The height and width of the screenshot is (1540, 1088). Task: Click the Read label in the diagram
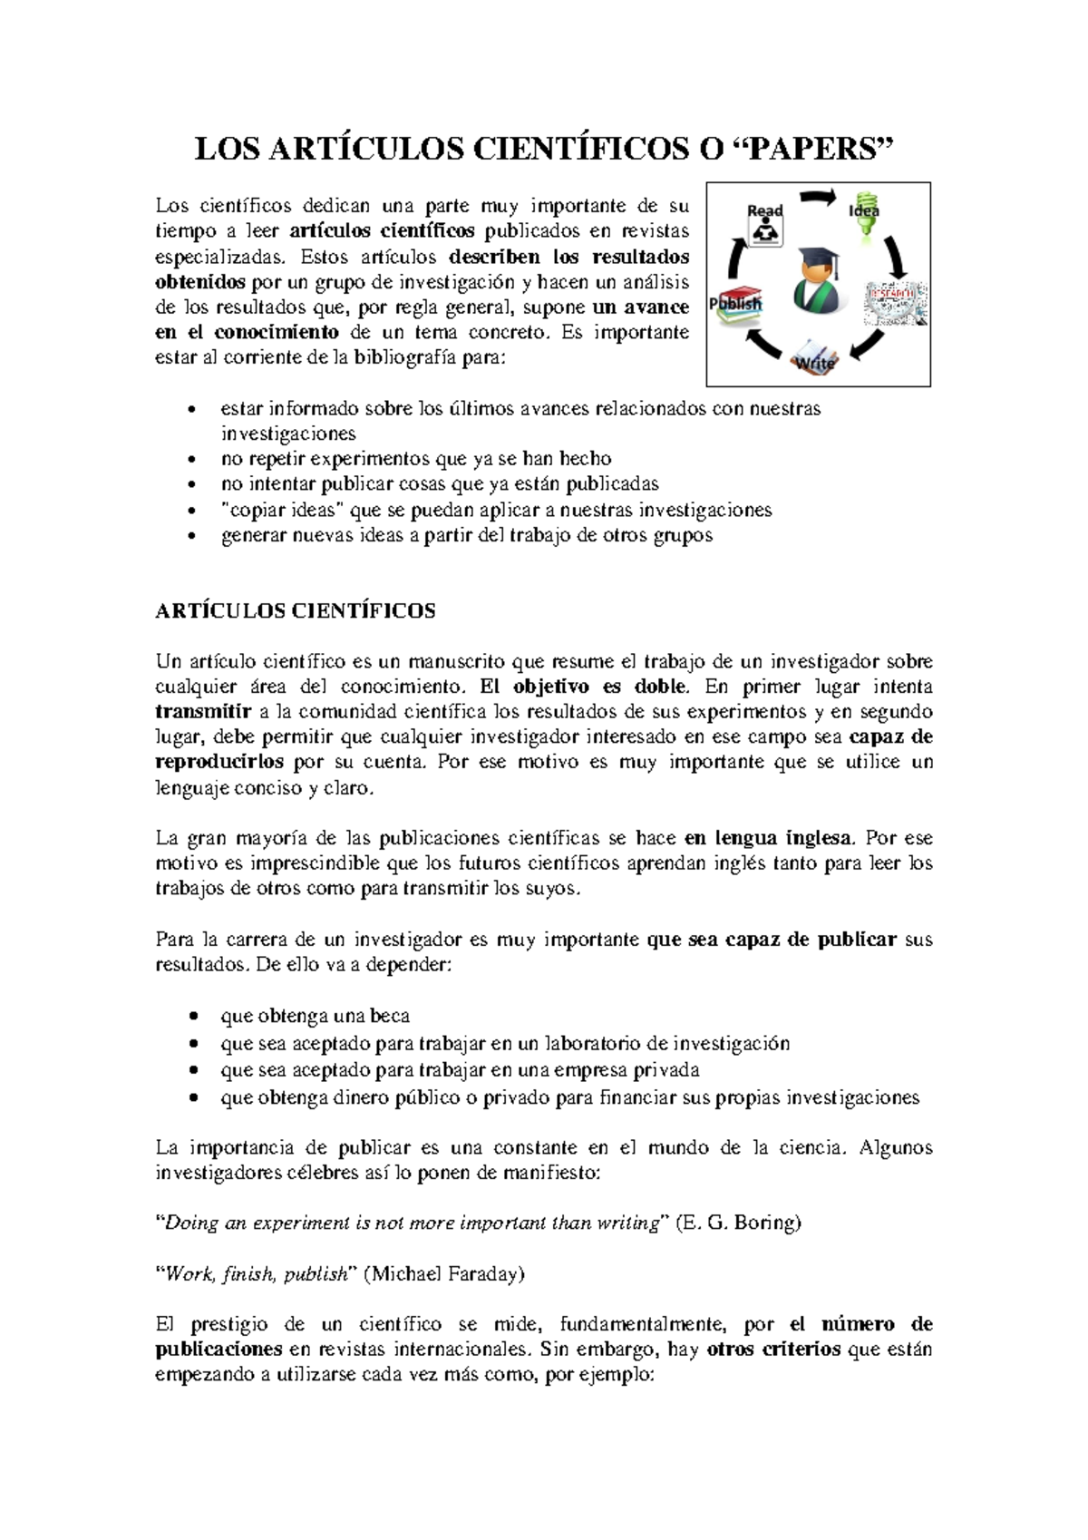pyautogui.click(x=764, y=210)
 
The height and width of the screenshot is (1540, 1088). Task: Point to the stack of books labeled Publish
pyautogui.click(x=736, y=303)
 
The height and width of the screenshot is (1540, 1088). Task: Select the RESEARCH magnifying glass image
pyautogui.click(x=896, y=303)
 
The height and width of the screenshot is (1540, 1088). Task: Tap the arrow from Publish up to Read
pyautogui.click(x=735, y=263)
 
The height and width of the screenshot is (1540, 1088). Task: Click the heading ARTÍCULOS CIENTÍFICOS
pyautogui.click(x=295, y=610)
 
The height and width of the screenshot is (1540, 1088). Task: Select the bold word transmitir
pyautogui.click(x=203, y=712)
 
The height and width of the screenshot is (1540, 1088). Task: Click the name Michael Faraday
pyautogui.click(x=444, y=1274)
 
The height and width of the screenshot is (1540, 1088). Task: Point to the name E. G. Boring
pyautogui.click(x=739, y=1223)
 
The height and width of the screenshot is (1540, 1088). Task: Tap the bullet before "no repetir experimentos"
pyautogui.click(x=190, y=459)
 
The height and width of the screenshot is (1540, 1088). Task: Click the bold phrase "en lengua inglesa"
pyautogui.click(x=768, y=838)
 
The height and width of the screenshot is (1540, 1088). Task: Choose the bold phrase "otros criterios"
pyautogui.click(x=773, y=1349)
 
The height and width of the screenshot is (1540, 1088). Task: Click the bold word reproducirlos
pyautogui.click(x=219, y=762)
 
